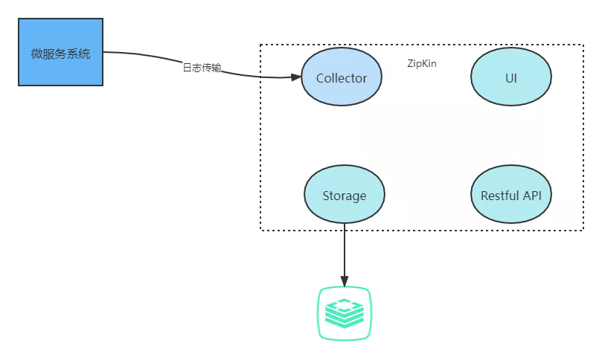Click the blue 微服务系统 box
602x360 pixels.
coord(61,52)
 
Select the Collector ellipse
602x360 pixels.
coord(342,77)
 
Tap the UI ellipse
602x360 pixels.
coord(511,77)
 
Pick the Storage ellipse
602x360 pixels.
coord(345,194)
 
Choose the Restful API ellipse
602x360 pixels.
coord(511,194)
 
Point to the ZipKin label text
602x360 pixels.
coord(422,63)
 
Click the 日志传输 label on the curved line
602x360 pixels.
coord(202,68)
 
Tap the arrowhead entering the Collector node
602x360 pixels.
coord(296,77)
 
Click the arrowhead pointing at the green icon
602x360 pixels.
coord(345,281)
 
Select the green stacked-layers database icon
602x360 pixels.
coord(345,313)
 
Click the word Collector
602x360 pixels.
coord(342,78)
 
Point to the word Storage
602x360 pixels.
coord(345,196)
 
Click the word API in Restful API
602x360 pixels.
coord(532,196)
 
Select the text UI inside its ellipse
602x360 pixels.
coord(511,78)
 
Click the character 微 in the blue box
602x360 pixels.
coord(37,54)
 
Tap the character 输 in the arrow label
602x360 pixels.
coord(217,68)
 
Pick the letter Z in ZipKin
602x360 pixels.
coord(410,63)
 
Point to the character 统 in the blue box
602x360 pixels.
coord(85,54)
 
